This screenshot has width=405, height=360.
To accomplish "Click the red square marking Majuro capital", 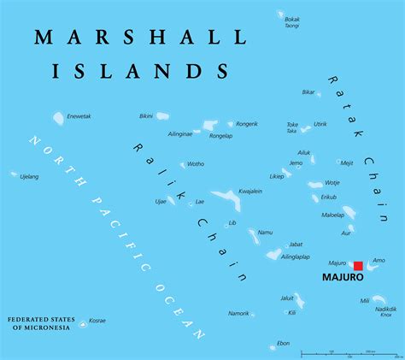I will (359, 266).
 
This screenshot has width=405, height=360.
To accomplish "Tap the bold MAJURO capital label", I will (343, 278).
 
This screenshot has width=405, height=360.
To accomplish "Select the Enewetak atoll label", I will (79, 115).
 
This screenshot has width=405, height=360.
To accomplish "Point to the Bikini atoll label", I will (146, 115).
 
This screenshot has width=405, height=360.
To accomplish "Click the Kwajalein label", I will (249, 192).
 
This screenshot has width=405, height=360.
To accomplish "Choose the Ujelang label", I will (29, 176).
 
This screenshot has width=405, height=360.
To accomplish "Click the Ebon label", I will (283, 344).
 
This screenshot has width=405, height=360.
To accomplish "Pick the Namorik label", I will (238, 314).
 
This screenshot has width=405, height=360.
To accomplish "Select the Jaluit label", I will (287, 298).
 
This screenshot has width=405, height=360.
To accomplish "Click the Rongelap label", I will (221, 134).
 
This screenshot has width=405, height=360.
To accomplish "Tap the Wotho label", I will (196, 163).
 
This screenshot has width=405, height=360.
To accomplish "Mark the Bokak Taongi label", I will (292, 22).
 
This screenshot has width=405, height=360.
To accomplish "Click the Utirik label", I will (320, 124).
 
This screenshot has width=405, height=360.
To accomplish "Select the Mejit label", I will (347, 162).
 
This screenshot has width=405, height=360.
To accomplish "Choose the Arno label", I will (379, 260).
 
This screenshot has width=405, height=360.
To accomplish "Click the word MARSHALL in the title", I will (142, 38).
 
